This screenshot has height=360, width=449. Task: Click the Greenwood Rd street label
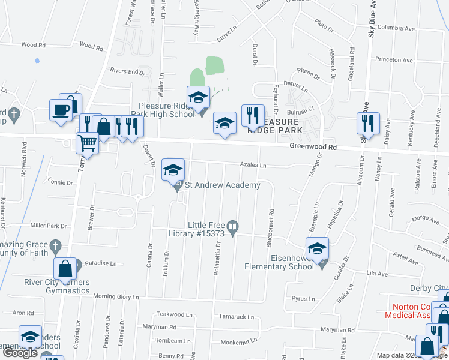point(313,146)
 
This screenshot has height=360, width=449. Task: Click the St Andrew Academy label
point(222,185)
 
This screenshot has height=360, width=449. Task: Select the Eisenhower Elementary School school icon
point(317,247)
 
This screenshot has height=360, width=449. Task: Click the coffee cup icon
point(61,109)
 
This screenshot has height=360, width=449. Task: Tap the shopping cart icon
point(88,143)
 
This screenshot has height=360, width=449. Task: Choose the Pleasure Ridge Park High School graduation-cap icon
point(197,96)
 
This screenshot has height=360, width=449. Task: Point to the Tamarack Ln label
point(237,317)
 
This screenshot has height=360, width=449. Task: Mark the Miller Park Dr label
point(48,226)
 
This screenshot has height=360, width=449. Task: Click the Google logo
point(20,352)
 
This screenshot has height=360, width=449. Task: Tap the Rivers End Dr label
point(128,71)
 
